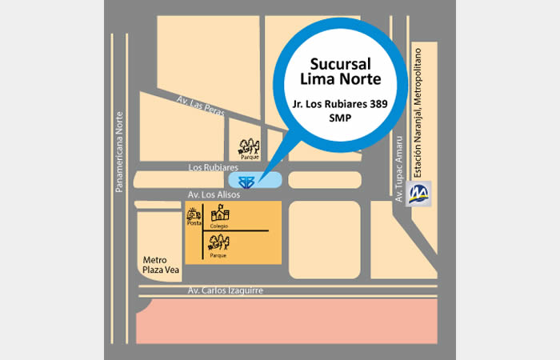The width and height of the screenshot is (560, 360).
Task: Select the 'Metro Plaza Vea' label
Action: click(x=160, y=265)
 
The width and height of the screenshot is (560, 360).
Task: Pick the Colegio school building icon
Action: click(x=219, y=214)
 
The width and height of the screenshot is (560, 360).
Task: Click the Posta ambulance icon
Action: click(x=193, y=213)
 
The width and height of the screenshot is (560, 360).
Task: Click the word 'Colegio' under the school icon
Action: click(x=219, y=226)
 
